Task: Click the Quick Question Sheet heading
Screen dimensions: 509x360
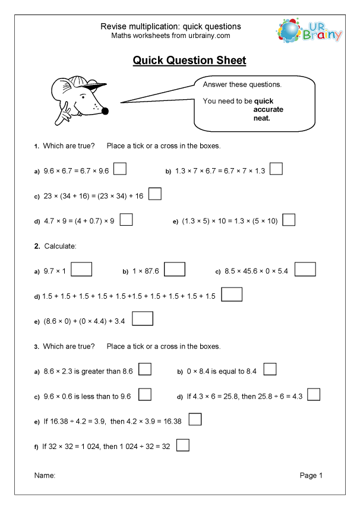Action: (189, 61)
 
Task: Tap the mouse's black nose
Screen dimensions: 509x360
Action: (105, 110)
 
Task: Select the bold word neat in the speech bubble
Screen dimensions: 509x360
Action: (261, 118)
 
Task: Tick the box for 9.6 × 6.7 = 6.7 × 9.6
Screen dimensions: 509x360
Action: (119, 169)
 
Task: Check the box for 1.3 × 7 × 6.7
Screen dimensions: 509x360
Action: (276, 169)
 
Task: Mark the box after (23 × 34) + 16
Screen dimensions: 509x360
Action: (154, 194)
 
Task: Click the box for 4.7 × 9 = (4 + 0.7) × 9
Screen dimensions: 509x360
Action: (126, 220)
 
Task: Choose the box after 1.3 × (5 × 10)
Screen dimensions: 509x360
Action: (289, 220)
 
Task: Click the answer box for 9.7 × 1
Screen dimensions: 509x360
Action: (82, 270)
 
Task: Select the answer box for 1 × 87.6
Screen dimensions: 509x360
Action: (175, 270)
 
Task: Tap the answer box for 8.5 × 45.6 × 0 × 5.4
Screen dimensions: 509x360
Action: (305, 270)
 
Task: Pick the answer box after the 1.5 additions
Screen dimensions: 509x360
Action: (232, 295)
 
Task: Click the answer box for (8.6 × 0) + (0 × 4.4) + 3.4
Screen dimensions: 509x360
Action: (143, 320)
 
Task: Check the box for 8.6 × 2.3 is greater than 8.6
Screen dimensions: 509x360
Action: (145, 369)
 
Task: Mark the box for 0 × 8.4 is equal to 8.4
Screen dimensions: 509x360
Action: (270, 369)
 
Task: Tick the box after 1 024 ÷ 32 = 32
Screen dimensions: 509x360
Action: (183, 445)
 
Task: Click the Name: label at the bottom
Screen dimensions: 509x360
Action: (45, 476)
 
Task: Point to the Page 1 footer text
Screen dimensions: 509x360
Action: (311, 476)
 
